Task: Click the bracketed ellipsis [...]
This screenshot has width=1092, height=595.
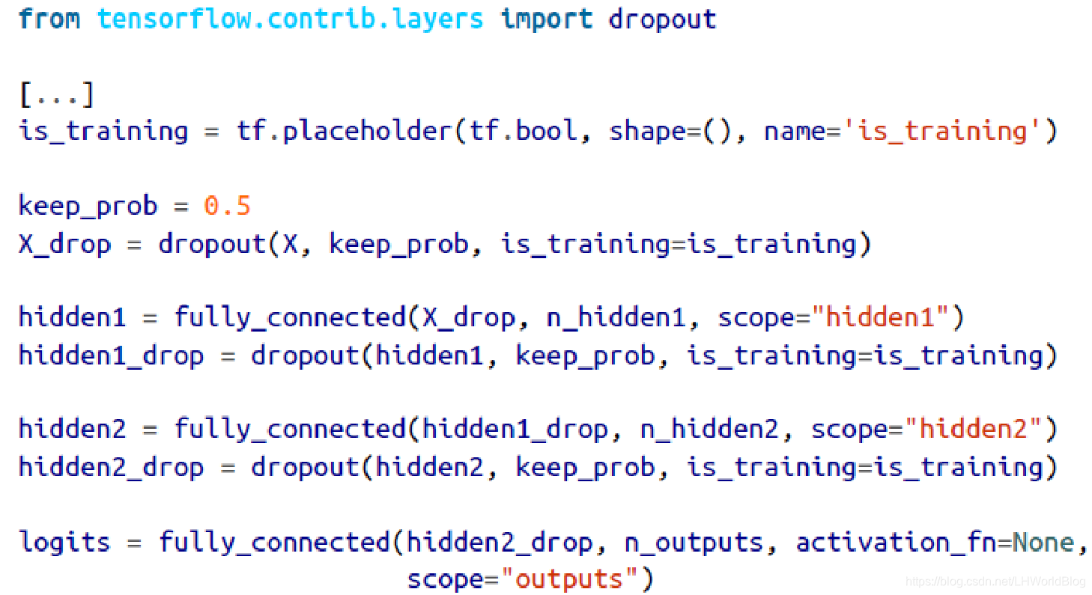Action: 57,94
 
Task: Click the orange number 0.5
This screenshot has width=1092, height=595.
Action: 227,206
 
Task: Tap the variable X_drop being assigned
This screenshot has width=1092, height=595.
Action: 64,244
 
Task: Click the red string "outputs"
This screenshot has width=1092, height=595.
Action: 570,579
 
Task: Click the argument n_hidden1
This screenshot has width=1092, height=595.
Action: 616,318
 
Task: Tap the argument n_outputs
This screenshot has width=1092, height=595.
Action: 694,542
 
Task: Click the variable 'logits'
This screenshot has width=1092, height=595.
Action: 64,542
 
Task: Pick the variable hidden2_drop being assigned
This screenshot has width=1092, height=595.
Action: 111,467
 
